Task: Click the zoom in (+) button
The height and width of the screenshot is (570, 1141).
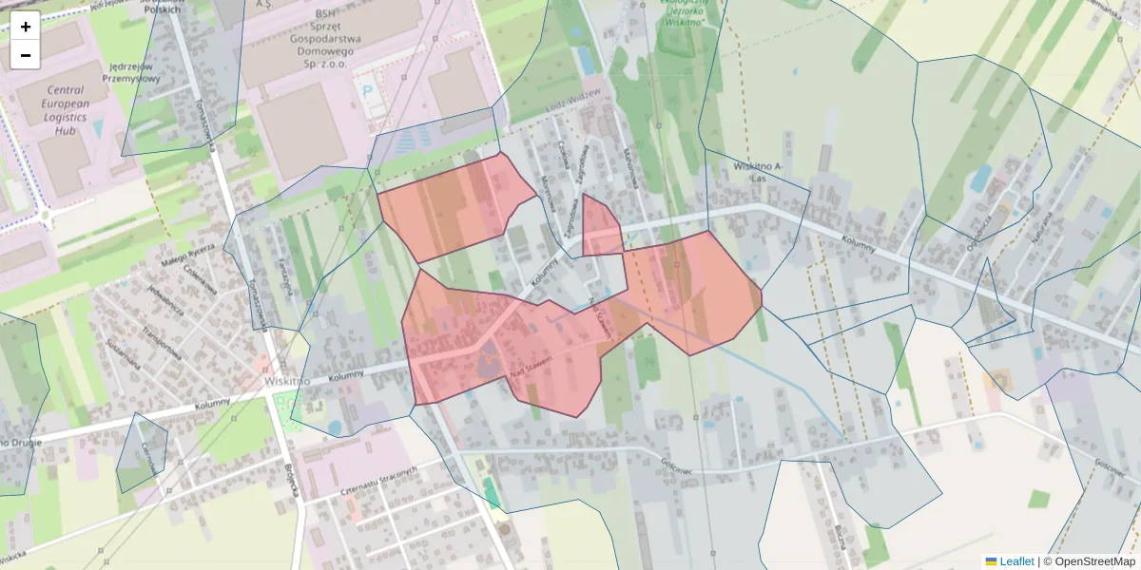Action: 26,27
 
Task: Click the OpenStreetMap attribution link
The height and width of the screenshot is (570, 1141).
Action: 1090,561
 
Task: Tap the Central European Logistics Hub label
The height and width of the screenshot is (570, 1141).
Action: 66,110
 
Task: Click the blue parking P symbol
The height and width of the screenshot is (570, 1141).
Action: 367,90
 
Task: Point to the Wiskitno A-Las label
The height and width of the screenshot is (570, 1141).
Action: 758,172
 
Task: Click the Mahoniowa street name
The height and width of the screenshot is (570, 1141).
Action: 629,166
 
